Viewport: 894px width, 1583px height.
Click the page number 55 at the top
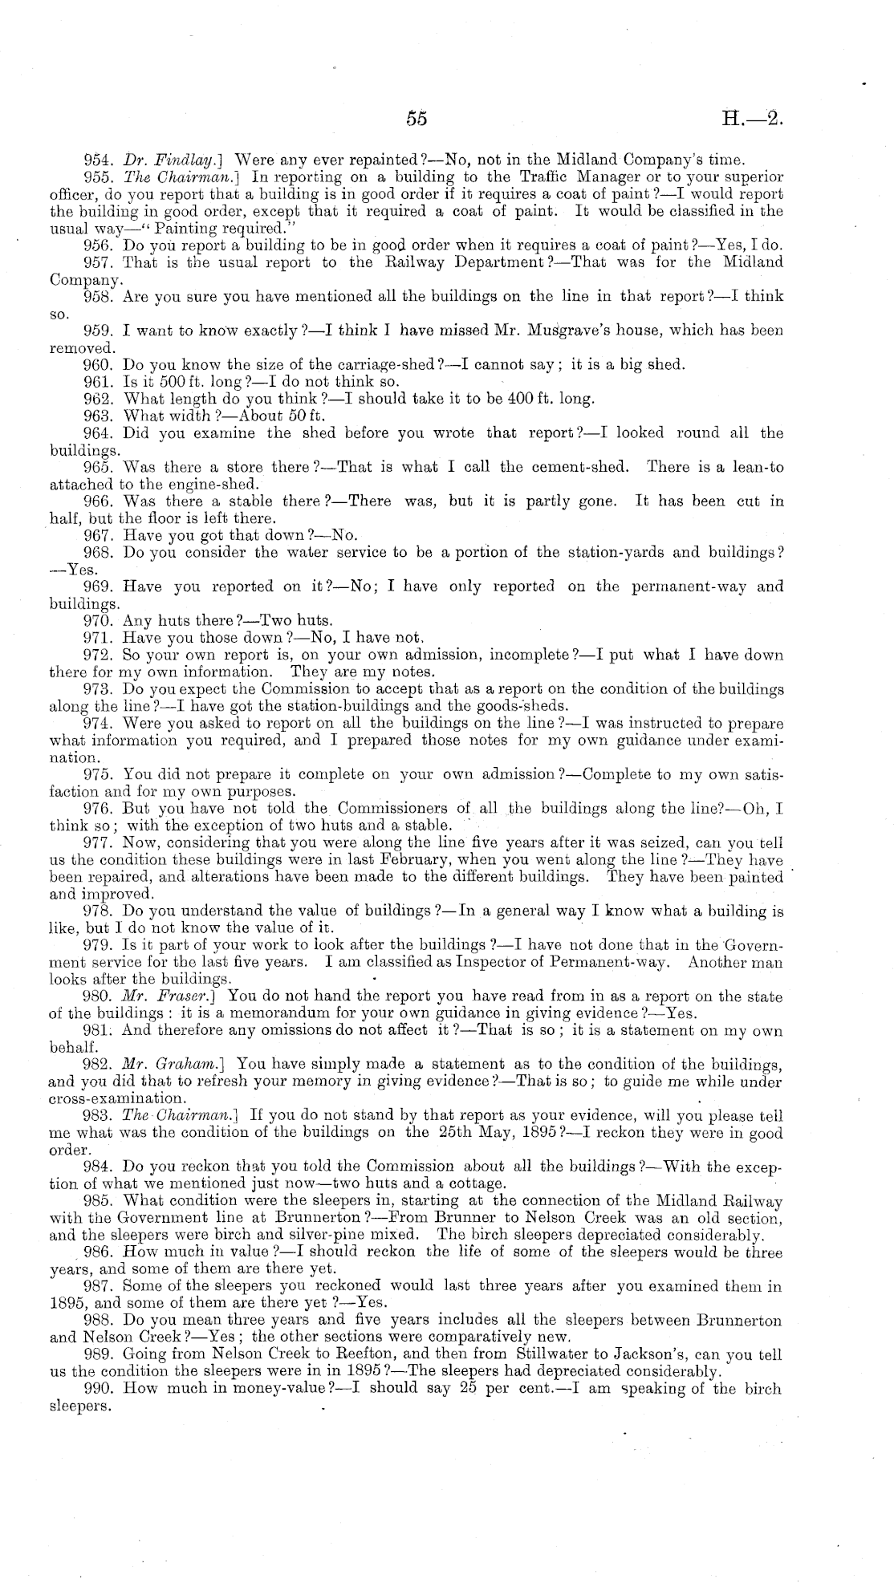click(416, 120)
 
